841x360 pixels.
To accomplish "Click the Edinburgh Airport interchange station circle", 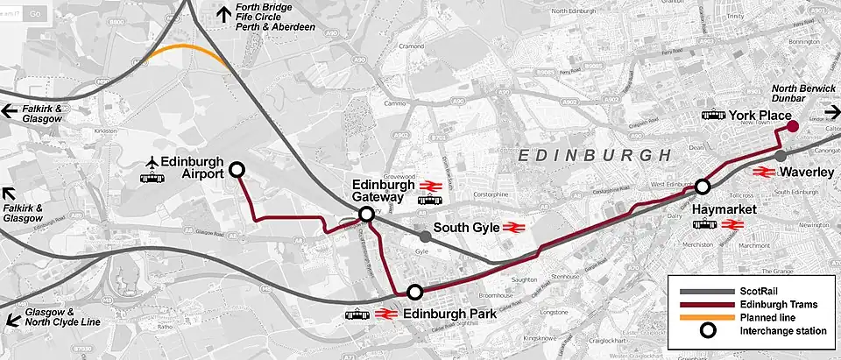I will [x=237, y=171].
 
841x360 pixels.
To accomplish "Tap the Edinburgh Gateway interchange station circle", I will [x=366, y=215].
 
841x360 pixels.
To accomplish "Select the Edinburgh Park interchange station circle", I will [x=415, y=293].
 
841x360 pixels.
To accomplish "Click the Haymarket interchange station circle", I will [x=702, y=187].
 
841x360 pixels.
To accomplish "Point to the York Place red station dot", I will [x=792, y=127].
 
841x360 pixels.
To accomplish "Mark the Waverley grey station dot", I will [x=781, y=156].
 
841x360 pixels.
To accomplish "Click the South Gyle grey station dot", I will [x=425, y=236].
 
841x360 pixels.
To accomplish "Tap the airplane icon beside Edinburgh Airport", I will [x=154, y=162].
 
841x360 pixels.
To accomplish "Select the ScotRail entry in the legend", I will [x=743, y=291].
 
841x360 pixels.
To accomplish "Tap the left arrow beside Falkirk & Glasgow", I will [x=9, y=111].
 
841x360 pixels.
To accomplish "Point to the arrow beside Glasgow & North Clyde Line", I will [x=11, y=319].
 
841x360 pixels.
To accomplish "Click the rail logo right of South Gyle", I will [x=513, y=229].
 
